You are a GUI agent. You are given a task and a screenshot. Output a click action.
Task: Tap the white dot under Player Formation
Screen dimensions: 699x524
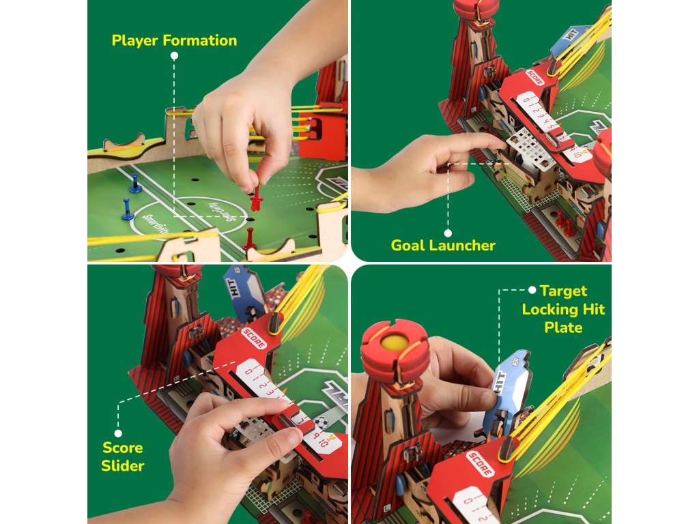coord(175,55)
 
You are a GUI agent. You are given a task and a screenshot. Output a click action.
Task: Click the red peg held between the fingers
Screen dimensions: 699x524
coord(256,199)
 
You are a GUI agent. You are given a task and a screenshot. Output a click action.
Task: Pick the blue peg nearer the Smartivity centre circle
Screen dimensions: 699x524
coord(128,209)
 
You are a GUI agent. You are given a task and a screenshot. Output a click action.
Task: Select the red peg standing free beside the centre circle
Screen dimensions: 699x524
coord(250,239)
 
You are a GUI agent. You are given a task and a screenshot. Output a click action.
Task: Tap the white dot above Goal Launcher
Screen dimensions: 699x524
coord(448,233)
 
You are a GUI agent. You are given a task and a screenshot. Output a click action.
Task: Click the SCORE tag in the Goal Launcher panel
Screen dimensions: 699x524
coord(536,78)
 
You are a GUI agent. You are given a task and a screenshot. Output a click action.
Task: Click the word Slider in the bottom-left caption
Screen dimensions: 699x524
coord(123,466)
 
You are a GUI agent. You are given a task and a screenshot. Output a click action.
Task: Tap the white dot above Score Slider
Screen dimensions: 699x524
coord(118,433)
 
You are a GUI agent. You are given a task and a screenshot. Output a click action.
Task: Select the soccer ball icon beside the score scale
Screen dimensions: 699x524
coord(322,422)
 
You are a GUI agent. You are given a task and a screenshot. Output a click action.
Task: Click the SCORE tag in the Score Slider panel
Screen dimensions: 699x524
coord(253,337)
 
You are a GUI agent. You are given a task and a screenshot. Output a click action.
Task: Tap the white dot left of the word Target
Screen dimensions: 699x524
coord(532,290)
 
